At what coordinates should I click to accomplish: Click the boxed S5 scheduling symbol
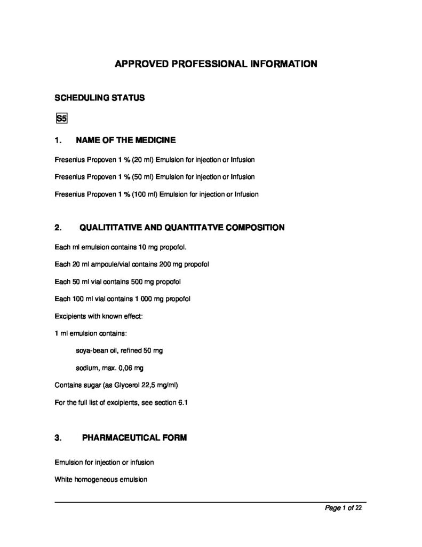[61, 118]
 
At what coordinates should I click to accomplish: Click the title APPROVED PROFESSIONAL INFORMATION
[216, 64]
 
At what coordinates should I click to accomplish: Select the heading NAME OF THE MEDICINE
[126, 140]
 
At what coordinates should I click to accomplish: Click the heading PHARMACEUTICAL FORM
[134, 438]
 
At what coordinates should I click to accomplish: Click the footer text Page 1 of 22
[343, 508]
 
